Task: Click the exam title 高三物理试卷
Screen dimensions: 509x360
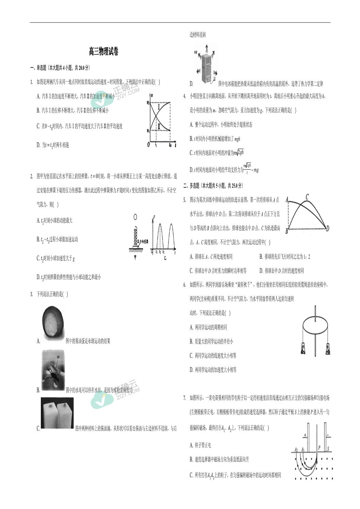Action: pyautogui.click(x=103, y=52)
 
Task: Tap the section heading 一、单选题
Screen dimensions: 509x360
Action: pyautogui.click(x=39, y=68)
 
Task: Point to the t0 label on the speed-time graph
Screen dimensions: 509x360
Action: pyautogui.click(x=170, y=145)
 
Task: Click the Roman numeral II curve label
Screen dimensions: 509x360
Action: pyautogui.click(x=159, y=127)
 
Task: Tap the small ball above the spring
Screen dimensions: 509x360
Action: pyautogui.click(x=135, y=217)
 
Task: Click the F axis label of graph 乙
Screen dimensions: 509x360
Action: pyautogui.click(x=154, y=217)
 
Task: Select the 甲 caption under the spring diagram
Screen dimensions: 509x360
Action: pyautogui.click(x=135, y=257)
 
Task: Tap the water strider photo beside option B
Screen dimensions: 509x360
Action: pyautogui.click(x=53, y=370)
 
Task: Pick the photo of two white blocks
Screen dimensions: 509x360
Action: pyautogui.click(x=57, y=413)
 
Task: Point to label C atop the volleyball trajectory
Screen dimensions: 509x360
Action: pyautogui.click(x=307, y=197)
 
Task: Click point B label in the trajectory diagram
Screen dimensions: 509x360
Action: pyautogui.click(x=287, y=232)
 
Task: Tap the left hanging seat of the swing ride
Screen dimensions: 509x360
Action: pyautogui.click(x=303, y=349)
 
